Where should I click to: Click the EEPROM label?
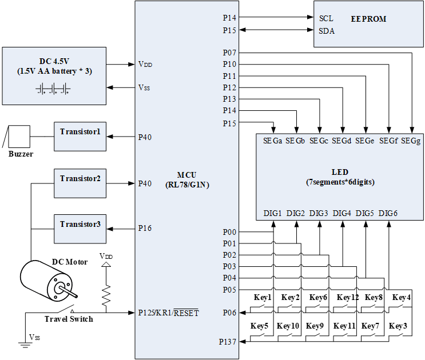(369, 19)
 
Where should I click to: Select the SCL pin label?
(326, 19)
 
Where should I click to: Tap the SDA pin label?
(327, 31)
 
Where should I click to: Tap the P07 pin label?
(229, 53)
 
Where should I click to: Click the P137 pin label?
(228, 342)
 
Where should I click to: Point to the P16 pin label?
(145, 229)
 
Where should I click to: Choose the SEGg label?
(411, 141)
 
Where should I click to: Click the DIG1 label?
(273, 213)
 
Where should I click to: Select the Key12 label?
(348, 298)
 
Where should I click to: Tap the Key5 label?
(260, 326)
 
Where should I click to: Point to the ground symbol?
(24, 345)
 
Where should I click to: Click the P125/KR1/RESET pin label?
(168, 313)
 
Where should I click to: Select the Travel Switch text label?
(68, 318)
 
